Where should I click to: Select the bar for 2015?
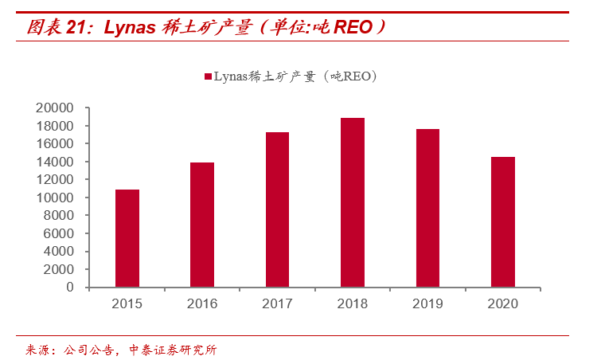pyautogui.click(x=127, y=238)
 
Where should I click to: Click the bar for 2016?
pyautogui.click(x=202, y=225)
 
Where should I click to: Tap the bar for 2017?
pyautogui.click(x=277, y=209)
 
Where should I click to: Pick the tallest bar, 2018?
pyautogui.click(x=353, y=202)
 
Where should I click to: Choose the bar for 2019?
pyautogui.click(x=427, y=208)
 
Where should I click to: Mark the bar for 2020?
pyautogui.click(x=502, y=221)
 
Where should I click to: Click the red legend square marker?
pyautogui.click(x=208, y=76)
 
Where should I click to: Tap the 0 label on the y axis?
pyautogui.click(x=71, y=287)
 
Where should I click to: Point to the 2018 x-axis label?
pyautogui.click(x=353, y=303)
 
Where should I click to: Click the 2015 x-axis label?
pyautogui.click(x=127, y=303)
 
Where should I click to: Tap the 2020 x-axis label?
pyautogui.click(x=502, y=303)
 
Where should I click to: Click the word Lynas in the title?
pyautogui.click(x=128, y=28)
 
